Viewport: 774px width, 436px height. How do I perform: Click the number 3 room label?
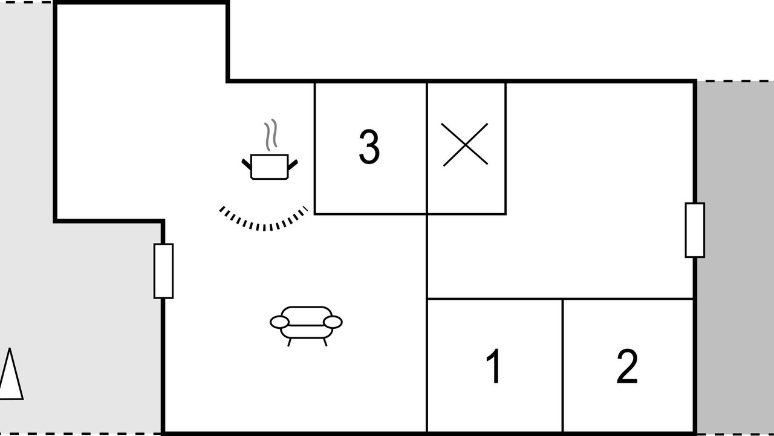[369, 147]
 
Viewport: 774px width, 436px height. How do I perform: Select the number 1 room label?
[494, 366]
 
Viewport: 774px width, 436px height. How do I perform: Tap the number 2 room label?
[627, 366]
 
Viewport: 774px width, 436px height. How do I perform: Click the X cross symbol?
[466, 145]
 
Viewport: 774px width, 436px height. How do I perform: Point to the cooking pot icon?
[270, 167]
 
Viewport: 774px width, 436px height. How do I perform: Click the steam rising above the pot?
[271, 134]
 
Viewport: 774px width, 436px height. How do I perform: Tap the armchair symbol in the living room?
[306, 326]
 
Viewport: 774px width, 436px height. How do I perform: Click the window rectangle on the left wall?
[163, 271]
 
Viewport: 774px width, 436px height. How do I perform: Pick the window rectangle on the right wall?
[695, 230]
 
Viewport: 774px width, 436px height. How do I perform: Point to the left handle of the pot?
[246, 164]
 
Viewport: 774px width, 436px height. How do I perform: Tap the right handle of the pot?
[293, 165]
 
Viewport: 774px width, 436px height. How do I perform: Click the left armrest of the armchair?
[279, 322]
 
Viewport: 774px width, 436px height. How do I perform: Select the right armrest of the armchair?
[333, 322]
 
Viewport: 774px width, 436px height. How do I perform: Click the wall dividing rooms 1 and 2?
[562, 365]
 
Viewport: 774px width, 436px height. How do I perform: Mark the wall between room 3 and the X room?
[427, 148]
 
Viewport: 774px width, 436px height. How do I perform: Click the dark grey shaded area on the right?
[735, 257]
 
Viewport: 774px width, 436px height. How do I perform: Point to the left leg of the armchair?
[290, 342]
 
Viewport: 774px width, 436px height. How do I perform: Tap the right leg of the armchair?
[325, 342]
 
